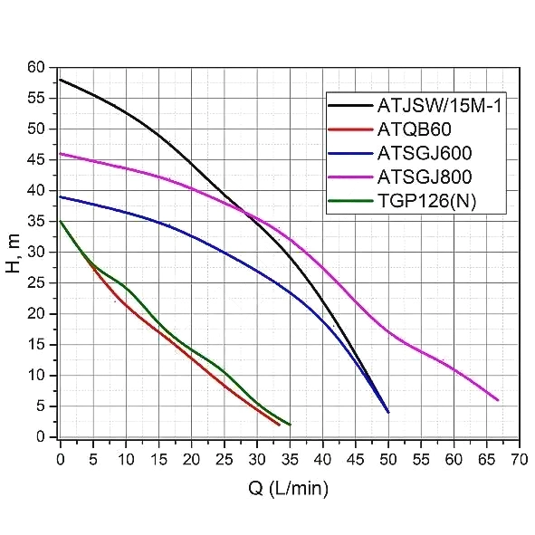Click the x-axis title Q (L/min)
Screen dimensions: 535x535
(289, 489)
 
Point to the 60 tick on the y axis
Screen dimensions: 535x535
(36, 67)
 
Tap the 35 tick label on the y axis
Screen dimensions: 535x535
(36, 221)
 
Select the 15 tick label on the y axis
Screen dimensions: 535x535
(36, 344)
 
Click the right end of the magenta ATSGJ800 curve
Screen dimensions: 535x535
(498, 400)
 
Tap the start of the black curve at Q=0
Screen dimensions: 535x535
(61, 80)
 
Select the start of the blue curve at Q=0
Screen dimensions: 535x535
(61, 196)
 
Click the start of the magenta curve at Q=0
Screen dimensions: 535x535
(61, 154)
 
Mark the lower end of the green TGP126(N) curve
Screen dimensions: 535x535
(290, 425)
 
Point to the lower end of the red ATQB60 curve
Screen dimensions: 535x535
(280, 425)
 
